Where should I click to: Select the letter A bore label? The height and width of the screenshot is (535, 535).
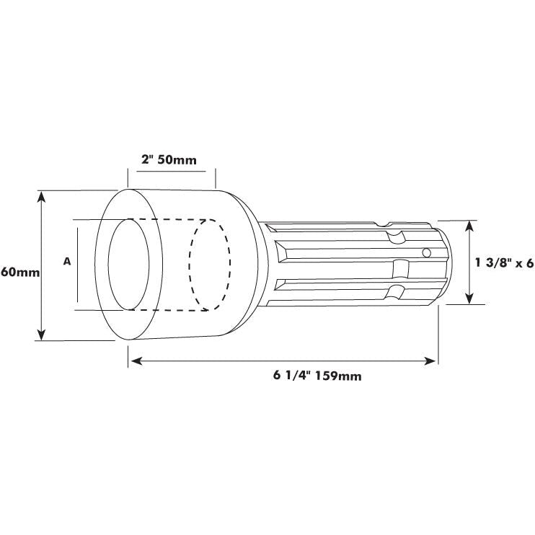tap(67, 262)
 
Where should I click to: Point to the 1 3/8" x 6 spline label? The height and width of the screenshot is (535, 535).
tap(504, 264)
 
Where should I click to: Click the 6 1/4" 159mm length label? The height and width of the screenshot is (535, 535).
tap(317, 375)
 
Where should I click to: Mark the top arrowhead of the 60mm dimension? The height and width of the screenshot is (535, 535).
tap(42, 196)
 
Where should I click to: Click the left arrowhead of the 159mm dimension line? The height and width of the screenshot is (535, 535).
tap(133, 358)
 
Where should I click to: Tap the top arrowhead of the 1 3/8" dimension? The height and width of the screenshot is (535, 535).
tap(469, 226)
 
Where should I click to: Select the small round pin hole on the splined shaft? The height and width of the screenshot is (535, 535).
tap(427, 252)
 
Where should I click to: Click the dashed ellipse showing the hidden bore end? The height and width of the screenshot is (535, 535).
tap(209, 265)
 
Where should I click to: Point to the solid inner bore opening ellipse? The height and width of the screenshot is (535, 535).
tap(130, 265)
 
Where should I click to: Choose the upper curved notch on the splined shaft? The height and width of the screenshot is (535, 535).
tap(395, 236)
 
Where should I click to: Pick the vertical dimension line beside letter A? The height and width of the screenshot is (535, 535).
tap(78, 265)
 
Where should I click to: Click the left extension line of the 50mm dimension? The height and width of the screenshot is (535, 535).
tap(128, 177)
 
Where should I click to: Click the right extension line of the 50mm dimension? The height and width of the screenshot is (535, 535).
tap(216, 177)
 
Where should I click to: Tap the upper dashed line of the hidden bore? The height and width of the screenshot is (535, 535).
tap(173, 219)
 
